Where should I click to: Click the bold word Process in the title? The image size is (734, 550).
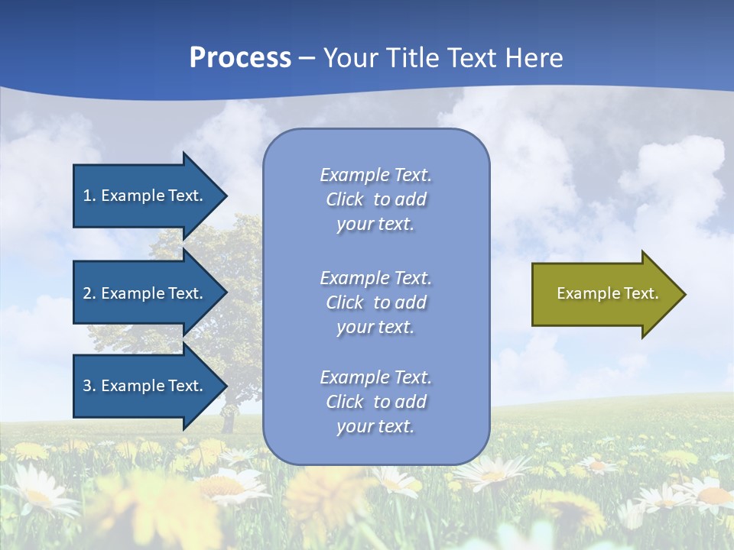(240, 58)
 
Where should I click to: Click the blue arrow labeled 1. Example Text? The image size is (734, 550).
(145, 196)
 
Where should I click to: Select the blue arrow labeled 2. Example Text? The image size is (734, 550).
(145, 293)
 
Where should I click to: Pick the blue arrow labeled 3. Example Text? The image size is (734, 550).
(145, 386)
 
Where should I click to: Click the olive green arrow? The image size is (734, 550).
(604, 293)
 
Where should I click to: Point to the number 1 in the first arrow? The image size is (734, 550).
(87, 196)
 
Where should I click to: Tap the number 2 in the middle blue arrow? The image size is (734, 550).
(87, 293)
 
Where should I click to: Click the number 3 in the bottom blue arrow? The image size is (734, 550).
(87, 386)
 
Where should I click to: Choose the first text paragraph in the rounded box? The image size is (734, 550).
(375, 199)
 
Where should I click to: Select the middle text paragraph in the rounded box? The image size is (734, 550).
(375, 302)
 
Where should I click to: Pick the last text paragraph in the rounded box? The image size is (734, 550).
(375, 402)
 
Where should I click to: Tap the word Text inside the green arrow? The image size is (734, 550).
(641, 293)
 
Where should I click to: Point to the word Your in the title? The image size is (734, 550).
(349, 58)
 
